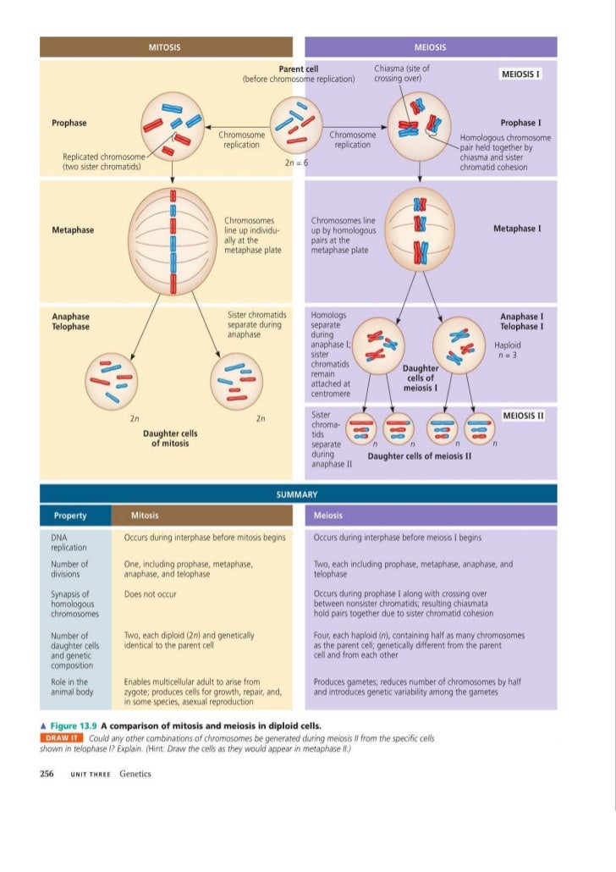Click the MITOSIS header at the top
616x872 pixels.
pos(166,47)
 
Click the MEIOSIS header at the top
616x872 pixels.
pos(431,47)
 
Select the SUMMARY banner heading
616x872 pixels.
pos(297,494)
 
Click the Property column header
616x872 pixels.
pos(70,516)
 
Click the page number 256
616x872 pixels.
pos(47,773)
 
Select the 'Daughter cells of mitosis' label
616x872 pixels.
pos(170,438)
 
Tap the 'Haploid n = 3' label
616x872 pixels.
pos(509,350)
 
